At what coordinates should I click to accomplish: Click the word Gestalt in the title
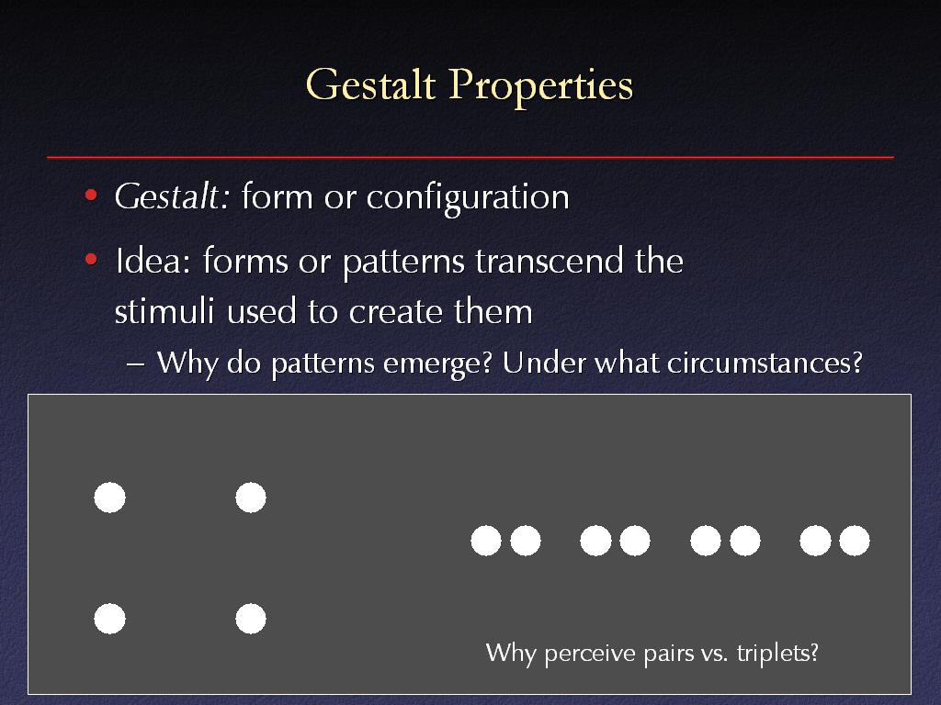pos(370,84)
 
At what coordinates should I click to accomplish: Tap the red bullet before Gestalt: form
pos(91,195)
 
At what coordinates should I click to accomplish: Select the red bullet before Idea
pos(91,260)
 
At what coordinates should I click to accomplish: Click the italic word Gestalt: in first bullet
pos(172,196)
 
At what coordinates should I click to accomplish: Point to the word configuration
pos(468,198)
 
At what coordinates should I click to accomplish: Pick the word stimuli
pos(164,311)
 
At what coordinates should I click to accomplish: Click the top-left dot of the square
pos(110,498)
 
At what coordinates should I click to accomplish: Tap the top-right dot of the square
pos(251,498)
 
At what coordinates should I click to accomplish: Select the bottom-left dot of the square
pos(110,619)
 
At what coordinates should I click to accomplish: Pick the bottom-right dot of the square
pos(251,619)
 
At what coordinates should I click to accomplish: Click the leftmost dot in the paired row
pos(486,541)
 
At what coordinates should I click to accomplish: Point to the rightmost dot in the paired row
pos(855,541)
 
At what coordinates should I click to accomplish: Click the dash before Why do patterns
pos(136,364)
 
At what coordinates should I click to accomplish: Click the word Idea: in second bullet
pos(153,262)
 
